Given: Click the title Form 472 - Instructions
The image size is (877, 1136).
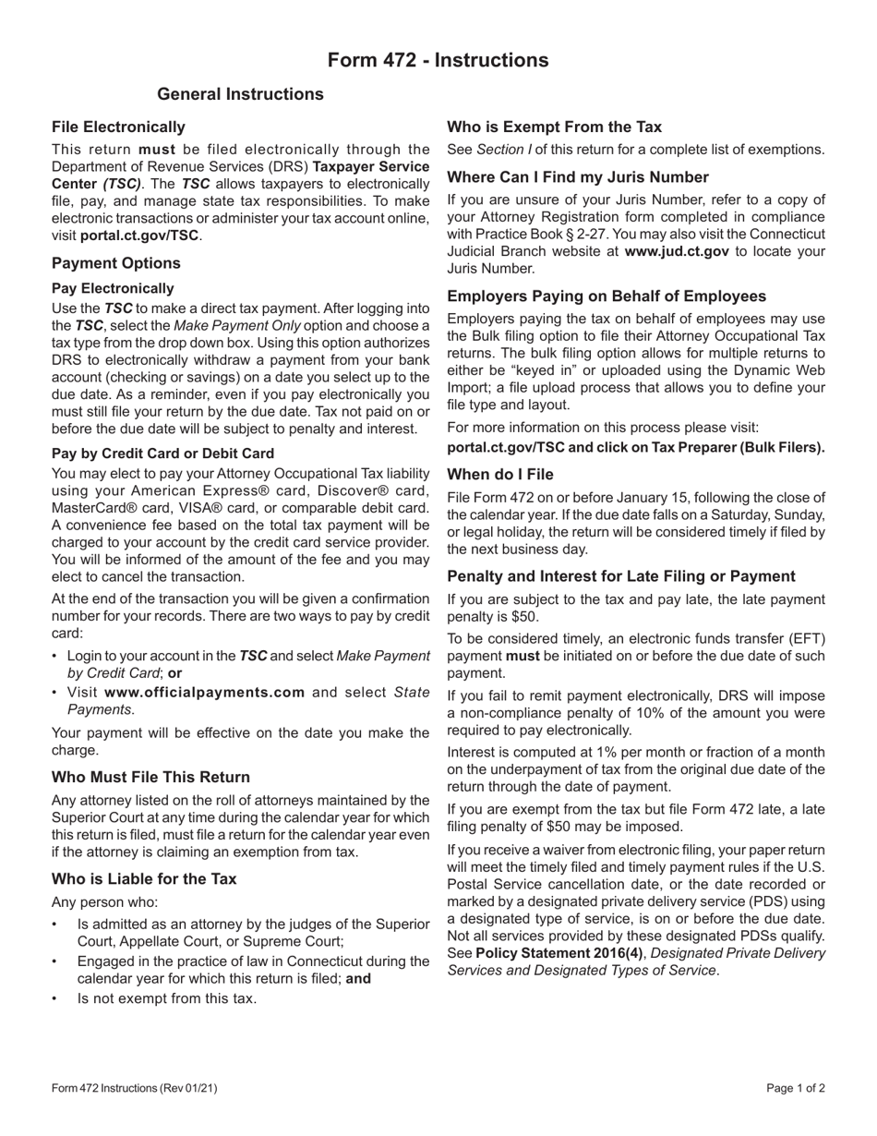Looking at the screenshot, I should click(x=438, y=60).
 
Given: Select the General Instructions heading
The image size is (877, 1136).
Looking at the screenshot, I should click(x=240, y=94).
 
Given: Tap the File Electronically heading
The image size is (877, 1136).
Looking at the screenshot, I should click(x=118, y=127).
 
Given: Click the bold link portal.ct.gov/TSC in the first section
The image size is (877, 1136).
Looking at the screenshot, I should click(x=139, y=236).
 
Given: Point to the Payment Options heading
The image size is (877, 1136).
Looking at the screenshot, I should click(x=116, y=263).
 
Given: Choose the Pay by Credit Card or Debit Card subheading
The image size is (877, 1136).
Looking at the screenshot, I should click(x=162, y=453).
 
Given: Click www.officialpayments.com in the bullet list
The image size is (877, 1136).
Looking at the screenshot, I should click(x=204, y=692).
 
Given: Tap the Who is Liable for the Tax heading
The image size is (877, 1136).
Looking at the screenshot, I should click(x=144, y=878).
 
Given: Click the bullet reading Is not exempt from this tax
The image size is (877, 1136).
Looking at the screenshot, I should click(x=166, y=998).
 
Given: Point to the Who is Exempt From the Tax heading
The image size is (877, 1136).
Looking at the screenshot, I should click(x=554, y=127).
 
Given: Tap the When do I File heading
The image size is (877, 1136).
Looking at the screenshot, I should click(x=500, y=474).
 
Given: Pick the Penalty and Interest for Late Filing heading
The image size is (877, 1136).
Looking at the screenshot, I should click(x=620, y=576).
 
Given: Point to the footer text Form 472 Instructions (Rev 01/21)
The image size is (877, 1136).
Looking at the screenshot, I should click(x=135, y=1088).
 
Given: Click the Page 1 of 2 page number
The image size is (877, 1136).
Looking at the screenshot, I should click(x=795, y=1088).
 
